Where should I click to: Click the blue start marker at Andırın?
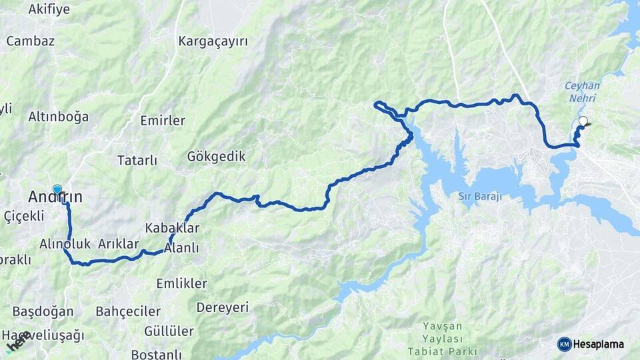click(x=57, y=190)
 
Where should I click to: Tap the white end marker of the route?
click(x=583, y=121)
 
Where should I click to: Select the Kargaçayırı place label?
click(x=213, y=41)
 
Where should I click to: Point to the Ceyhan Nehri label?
click(x=582, y=91)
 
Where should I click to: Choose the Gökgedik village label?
click(x=216, y=157)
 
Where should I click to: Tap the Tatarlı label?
click(x=137, y=161)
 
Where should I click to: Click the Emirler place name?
click(x=163, y=121)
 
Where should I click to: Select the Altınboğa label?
click(x=58, y=117)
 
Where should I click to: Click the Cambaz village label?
click(x=30, y=41)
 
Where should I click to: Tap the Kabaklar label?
click(x=172, y=228)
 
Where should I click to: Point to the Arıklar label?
click(x=118, y=244)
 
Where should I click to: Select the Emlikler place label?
click(x=181, y=283)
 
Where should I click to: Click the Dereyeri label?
click(x=222, y=307)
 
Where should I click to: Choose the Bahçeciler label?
click(x=128, y=311)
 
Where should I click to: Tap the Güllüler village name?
click(x=169, y=331)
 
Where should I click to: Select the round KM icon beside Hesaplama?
click(x=564, y=344)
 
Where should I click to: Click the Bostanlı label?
click(x=157, y=354)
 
